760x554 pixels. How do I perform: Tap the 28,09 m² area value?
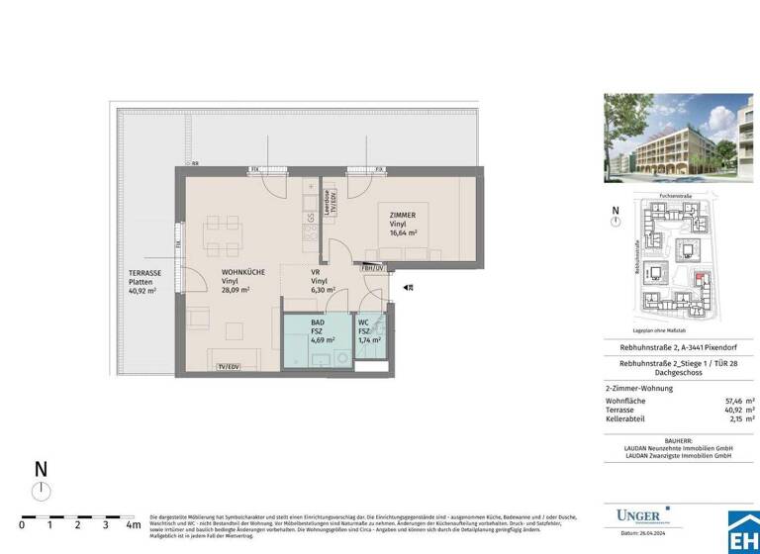236,291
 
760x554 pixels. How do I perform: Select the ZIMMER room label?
403,215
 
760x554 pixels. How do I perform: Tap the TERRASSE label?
146,272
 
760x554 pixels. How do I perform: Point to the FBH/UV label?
373,268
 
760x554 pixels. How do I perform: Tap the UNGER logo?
640,514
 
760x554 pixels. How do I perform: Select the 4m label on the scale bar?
133,525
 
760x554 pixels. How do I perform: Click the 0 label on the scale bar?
22,525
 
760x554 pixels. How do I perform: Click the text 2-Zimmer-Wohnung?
639,388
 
